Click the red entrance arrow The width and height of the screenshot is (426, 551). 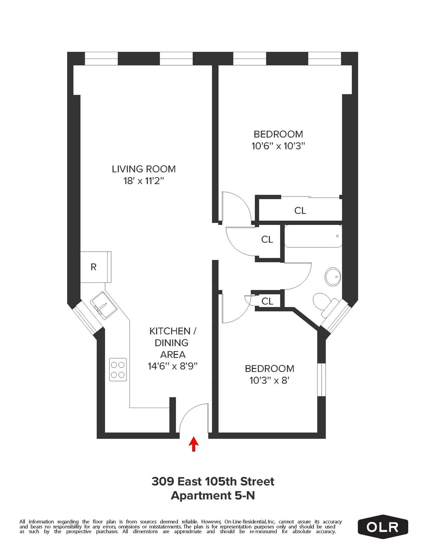[x=193, y=444]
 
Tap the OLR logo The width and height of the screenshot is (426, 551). [x=383, y=527]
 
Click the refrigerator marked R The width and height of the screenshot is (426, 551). [x=94, y=267]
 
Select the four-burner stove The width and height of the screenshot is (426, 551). [x=118, y=370]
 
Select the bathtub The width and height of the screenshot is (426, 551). [x=313, y=236]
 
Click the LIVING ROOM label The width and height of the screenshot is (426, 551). [x=144, y=169]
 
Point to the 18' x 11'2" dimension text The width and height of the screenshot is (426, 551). [x=144, y=181]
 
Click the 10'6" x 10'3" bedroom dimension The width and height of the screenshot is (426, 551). [x=278, y=146]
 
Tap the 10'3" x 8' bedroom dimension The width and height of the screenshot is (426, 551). [x=269, y=380]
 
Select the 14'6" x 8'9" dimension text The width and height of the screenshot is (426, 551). [x=173, y=366]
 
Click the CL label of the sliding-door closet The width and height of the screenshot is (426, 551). [x=300, y=210]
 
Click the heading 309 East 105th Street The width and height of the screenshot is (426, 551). [x=213, y=481]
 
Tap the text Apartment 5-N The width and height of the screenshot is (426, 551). [x=213, y=495]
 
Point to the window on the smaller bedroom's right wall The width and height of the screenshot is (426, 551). [x=321, y=379]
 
